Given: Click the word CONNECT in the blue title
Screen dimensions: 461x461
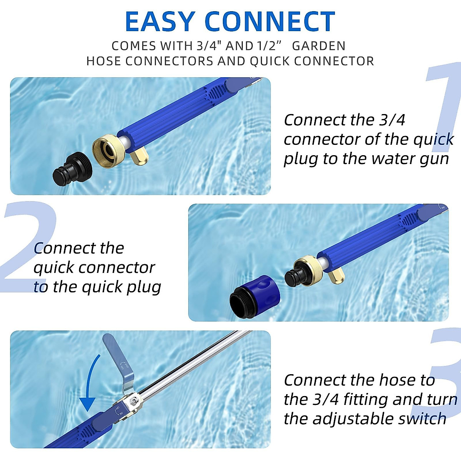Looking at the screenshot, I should pyautogui.click(x=270, y=22).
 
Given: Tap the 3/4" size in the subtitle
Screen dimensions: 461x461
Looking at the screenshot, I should pyautogui.click(x=209, y=46).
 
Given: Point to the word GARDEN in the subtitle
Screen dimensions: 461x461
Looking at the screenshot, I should pyautogui.click(x=318, y=46).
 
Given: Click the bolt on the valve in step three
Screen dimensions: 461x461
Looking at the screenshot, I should pyautogui.click(x=133, y=401).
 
